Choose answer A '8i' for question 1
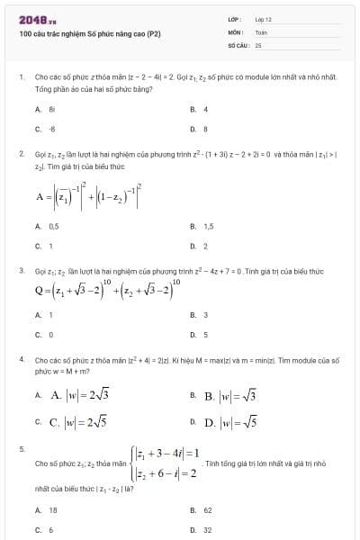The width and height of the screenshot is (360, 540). (52, 109)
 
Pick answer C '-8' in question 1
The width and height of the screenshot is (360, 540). (52, 128)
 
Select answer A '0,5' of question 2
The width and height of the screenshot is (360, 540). (53, 226)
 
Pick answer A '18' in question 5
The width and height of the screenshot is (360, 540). (52, 508)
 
